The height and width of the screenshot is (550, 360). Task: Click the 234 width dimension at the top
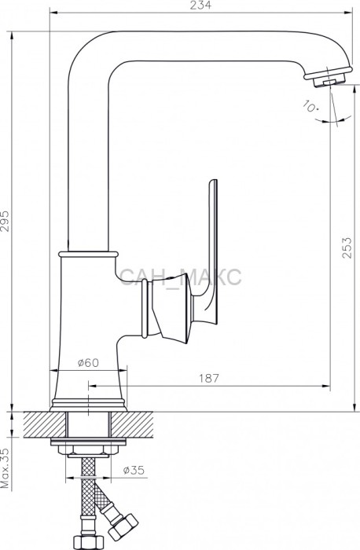pos(202,5)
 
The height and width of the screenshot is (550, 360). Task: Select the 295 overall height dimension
pos(6,221)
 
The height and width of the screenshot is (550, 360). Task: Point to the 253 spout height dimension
pos(347,247)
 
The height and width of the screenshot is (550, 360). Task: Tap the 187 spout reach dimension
pos(209,378)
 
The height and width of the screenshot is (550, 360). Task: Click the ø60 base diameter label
pos(88,363)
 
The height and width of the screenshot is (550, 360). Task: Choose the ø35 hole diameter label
pos(134,471)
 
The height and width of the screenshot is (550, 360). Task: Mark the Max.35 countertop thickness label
pos(5,469)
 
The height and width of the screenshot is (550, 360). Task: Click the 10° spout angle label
pos(310,106)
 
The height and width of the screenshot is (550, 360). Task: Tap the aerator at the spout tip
pos(327,77)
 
